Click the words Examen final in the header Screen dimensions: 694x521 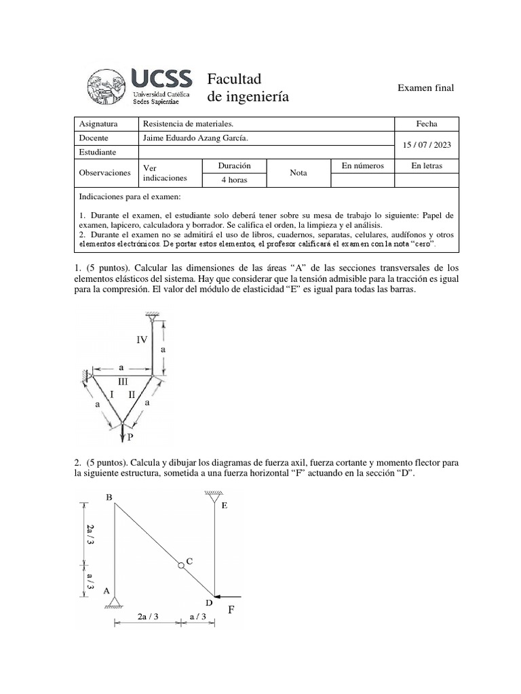click(425, 88)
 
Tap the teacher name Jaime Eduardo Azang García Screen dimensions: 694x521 click(191, 138)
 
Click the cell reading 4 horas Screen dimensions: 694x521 click(235, 180)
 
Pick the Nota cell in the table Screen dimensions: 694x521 click(298, 173)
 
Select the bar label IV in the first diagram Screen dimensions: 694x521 click(142, 340)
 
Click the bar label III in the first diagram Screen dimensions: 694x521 click(123, 382)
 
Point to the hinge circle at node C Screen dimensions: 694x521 click(181, 566)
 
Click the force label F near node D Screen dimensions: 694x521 click(231, 610)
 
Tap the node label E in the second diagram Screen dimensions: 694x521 click(225, 506)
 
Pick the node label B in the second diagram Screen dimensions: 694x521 click(109, 497)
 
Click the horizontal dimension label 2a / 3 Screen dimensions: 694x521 click(148, 617)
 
